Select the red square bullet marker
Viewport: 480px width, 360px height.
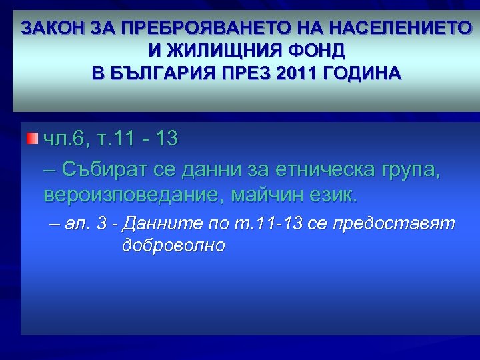pos(33,139)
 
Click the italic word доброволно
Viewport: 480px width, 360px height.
pos(174,246)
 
